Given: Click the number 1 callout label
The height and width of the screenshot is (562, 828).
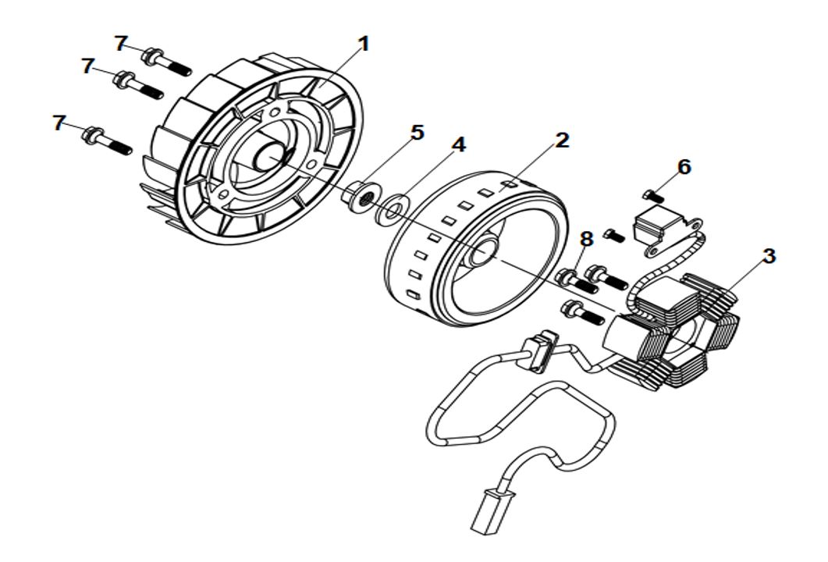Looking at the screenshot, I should click(x=362, y=44).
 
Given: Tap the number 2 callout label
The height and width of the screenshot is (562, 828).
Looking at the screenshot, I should click(x=562, y=140).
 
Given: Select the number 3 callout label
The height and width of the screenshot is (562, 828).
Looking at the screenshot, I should click(x=769, y=256).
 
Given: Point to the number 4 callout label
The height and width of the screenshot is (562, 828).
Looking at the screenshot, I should click(x=459, y=145).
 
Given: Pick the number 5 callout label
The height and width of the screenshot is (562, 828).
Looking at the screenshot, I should click(x=418, y=133).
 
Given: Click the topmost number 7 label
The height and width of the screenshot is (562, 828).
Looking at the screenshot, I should click(x=121, y=43).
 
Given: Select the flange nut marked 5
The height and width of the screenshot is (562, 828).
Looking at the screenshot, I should click(x=361, y=195).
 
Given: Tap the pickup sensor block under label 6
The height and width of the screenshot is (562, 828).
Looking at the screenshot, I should click(x=657, y=226).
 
